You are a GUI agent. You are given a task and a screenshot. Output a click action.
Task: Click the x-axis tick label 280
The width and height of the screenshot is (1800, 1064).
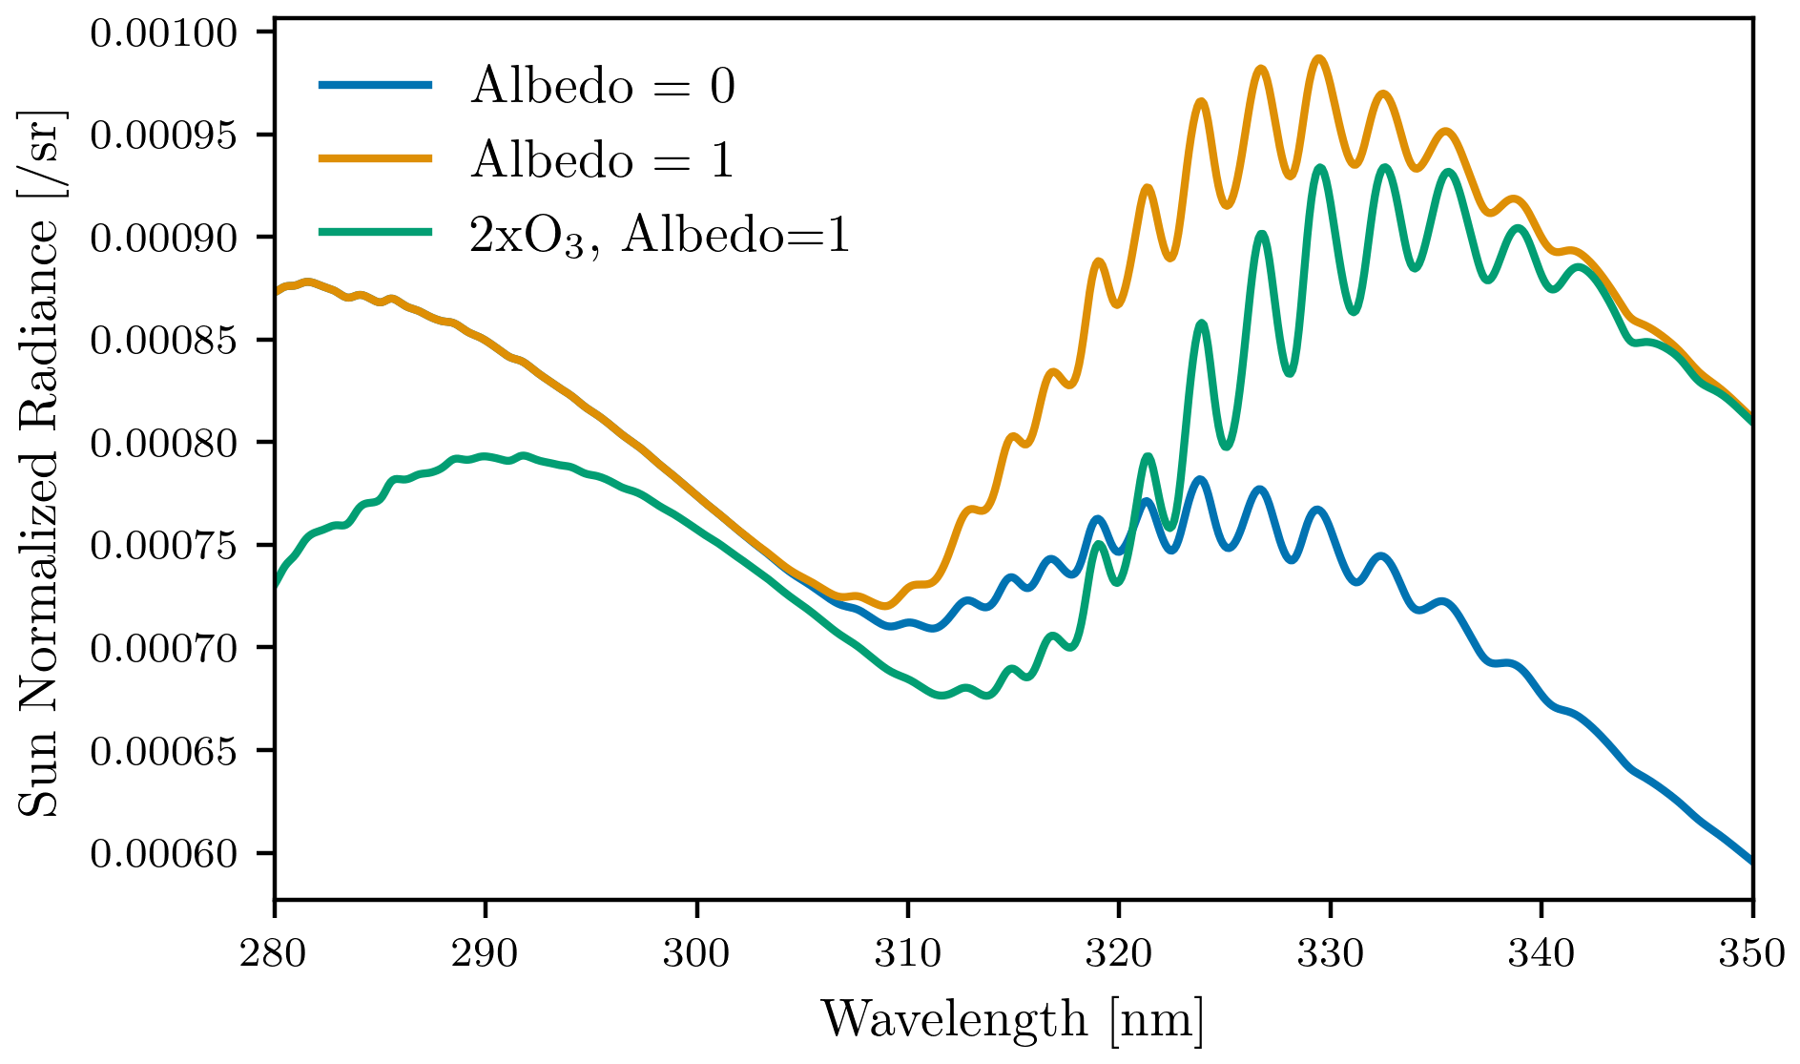(275, 952)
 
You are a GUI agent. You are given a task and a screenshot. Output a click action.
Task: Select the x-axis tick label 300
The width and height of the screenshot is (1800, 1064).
(696, 952)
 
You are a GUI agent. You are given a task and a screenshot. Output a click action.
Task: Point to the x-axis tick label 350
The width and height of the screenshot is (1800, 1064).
(1751, 952)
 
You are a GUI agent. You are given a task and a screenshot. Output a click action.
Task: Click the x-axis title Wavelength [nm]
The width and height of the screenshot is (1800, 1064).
(1013, 1019)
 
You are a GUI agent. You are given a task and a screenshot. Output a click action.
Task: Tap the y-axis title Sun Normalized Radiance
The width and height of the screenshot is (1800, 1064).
(40, 463)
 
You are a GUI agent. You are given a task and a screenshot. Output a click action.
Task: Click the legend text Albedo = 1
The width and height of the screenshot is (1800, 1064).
(603, 159)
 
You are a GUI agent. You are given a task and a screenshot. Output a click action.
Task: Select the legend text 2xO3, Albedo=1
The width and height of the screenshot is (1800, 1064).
(658, 235)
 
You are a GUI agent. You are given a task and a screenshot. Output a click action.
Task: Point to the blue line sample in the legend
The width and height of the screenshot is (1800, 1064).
(376, 85)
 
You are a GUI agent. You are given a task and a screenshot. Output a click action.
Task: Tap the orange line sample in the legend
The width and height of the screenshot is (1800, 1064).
(376, 158)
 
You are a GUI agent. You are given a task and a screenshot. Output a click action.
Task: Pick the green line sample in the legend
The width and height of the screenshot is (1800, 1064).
(376, 232)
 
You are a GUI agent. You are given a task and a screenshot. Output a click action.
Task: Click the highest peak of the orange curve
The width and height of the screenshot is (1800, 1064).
(1319, 58)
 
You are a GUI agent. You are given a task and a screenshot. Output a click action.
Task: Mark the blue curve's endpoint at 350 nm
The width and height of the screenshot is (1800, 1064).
(1751, 862)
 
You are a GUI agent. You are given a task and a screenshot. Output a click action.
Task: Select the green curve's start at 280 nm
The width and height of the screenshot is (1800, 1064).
(276, 584)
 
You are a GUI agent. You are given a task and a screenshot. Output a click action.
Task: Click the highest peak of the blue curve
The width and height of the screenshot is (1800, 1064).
(1200, 478)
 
